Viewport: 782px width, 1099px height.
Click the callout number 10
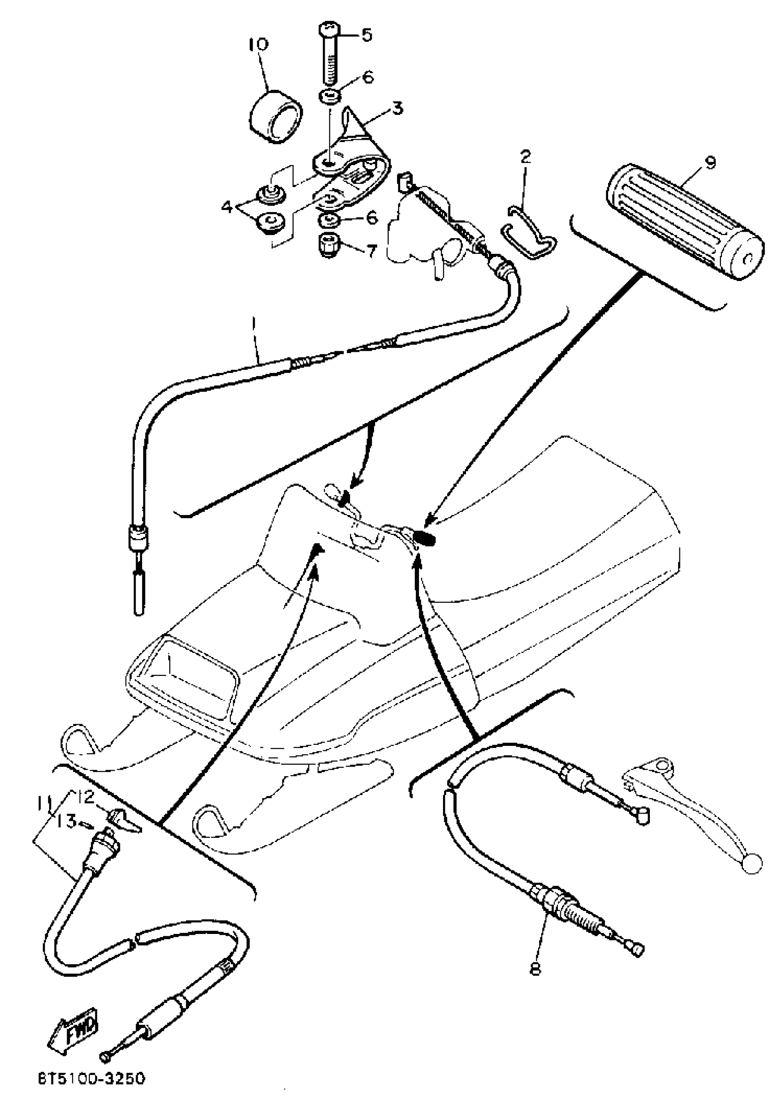(x=259, y=45)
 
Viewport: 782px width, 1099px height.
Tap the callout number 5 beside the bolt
(x=367, y=35)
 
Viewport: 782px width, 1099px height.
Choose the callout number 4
(x=227, y=207)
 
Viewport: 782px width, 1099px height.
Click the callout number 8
(x=535, y=968)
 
